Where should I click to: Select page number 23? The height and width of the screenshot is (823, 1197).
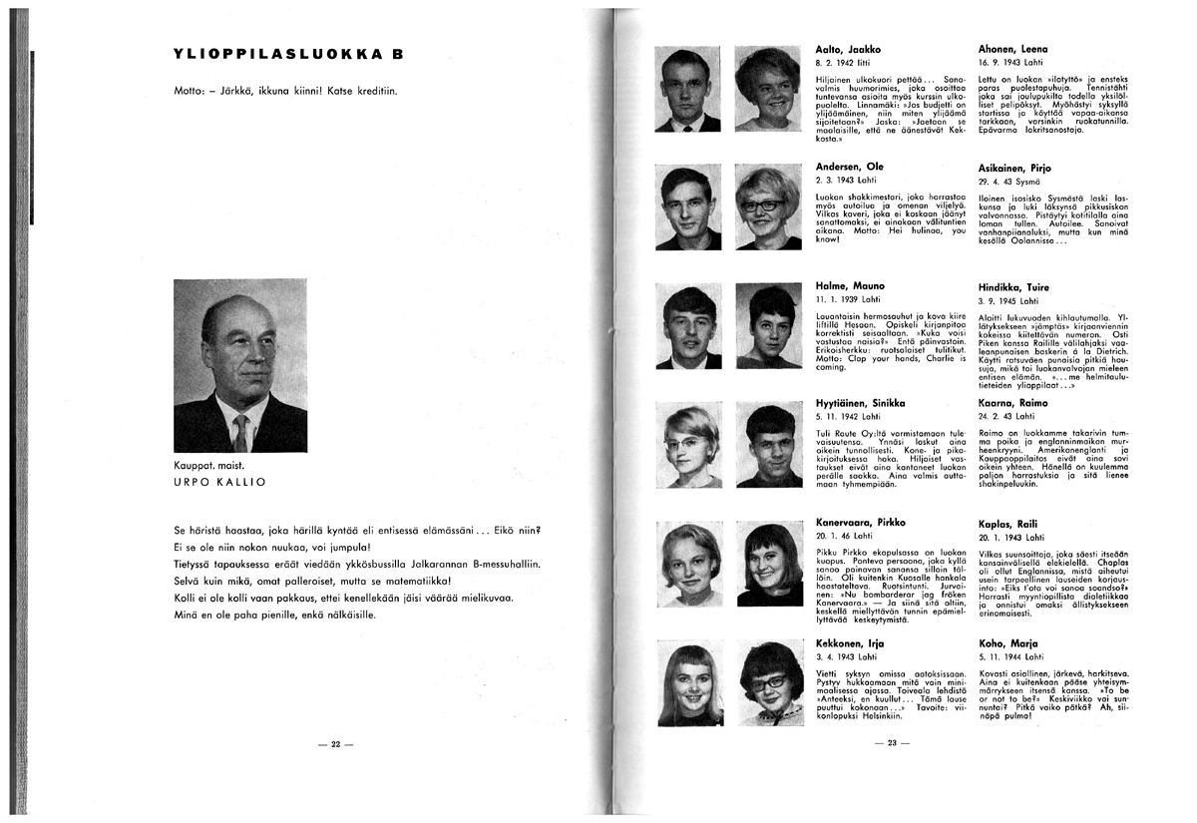(887, 742)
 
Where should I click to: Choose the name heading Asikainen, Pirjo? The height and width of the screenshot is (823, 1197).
(1015, 169)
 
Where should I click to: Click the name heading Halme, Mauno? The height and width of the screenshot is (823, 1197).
(850, 286)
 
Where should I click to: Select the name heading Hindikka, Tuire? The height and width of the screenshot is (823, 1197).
(1013, 286)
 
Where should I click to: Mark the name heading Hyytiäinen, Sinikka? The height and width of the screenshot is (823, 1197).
(860, 403)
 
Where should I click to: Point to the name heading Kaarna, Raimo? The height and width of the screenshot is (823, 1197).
(1013, 403)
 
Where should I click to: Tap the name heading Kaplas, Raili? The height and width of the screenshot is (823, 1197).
(1008, 523)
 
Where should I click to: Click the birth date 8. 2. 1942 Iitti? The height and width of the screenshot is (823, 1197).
(845, 63)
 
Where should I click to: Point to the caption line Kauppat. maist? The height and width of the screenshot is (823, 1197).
(210, 466)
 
